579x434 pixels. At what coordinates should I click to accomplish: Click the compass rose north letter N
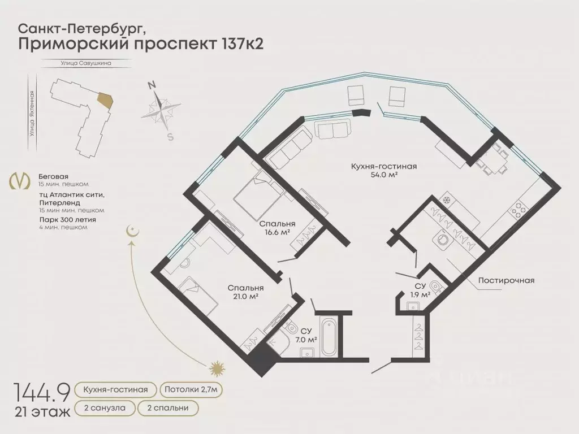tap(152, 86)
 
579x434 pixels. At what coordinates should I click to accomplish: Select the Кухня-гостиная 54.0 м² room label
tap(384, 170)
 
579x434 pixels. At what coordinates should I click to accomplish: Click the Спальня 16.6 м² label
tap(277, 228)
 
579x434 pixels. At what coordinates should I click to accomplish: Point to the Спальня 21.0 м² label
tap(245, 292)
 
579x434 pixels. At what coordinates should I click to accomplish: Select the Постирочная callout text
tap(506, 280)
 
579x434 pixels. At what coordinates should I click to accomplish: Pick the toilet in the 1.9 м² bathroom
tap(437, 287)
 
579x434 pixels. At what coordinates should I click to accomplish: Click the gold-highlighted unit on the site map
tap(105, 100)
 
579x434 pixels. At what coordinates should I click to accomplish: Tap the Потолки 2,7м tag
tap(191, 390)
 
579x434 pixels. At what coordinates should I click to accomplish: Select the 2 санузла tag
tap(105, 408)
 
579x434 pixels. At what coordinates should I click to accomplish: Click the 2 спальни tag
tap(168, 408)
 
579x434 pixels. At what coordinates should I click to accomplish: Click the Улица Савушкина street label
tap(86, 63)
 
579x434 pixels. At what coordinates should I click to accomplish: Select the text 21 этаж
tap(42, 412)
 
